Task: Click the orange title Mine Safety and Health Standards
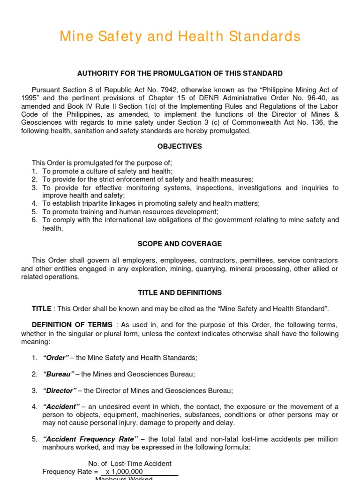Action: (x=180, y=36)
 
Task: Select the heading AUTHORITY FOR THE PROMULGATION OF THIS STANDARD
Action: (x=180, y=74)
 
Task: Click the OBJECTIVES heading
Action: (x=180, y=147)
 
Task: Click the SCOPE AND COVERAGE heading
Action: (x=180, y=244)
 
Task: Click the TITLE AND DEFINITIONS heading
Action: (x=180, y=293)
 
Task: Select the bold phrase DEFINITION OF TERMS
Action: (x=72, y=325)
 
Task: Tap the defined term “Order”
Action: (x=55, y=358)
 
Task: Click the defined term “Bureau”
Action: (x=58, y=374)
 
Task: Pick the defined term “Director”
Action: (x=59, y=390)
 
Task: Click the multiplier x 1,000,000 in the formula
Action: (x=124, y=472)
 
